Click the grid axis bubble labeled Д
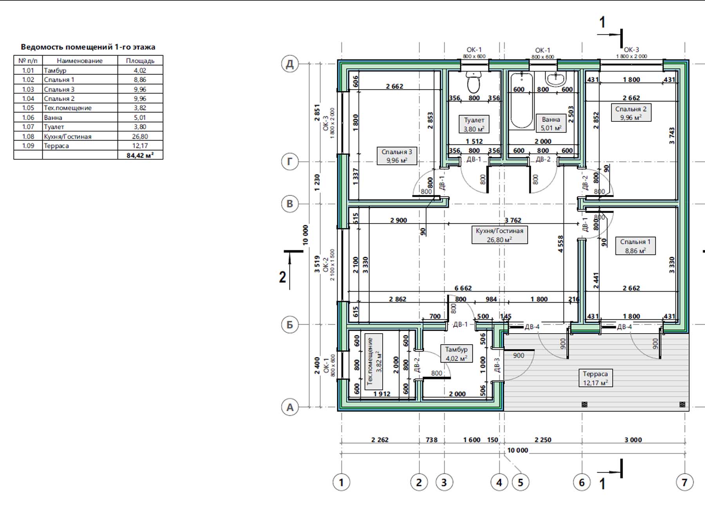coord(290,64)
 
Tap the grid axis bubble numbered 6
coord(582,482)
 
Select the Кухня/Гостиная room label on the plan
coord(499,235)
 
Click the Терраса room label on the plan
coord(595,378)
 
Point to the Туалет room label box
coord(474,124)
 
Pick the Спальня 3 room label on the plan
coord(397,155)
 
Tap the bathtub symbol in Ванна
coord(522,101)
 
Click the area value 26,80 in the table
coord(140,136)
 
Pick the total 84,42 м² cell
coord(140,155)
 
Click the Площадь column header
coord(140,61)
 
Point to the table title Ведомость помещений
coord(67,47)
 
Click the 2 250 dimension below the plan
coord(543,440)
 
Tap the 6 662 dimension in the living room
coord(463,288)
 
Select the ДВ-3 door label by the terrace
coord(497,365)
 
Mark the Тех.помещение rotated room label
coord(370,361)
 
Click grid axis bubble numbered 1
coord(341,482)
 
